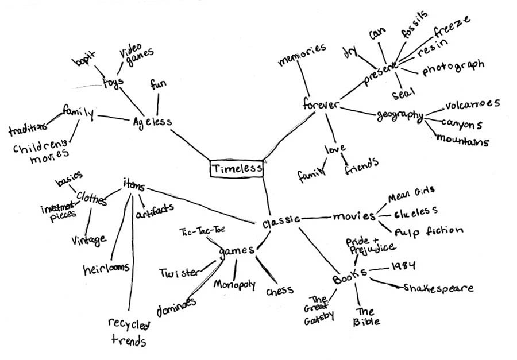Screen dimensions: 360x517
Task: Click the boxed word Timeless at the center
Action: (236, 169)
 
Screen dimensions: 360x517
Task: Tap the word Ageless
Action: (152, 122)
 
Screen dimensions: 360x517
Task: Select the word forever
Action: (321, 105)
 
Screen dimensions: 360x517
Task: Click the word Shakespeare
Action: (438, 287)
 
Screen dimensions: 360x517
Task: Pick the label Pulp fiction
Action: (428, 231)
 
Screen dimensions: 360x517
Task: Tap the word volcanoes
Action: (472, 104)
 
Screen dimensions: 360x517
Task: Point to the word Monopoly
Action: (234, 284)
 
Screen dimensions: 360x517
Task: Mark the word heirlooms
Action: (106, 267)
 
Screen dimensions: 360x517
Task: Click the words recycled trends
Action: (128, 332)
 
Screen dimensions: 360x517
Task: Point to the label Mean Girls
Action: (411, 195)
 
